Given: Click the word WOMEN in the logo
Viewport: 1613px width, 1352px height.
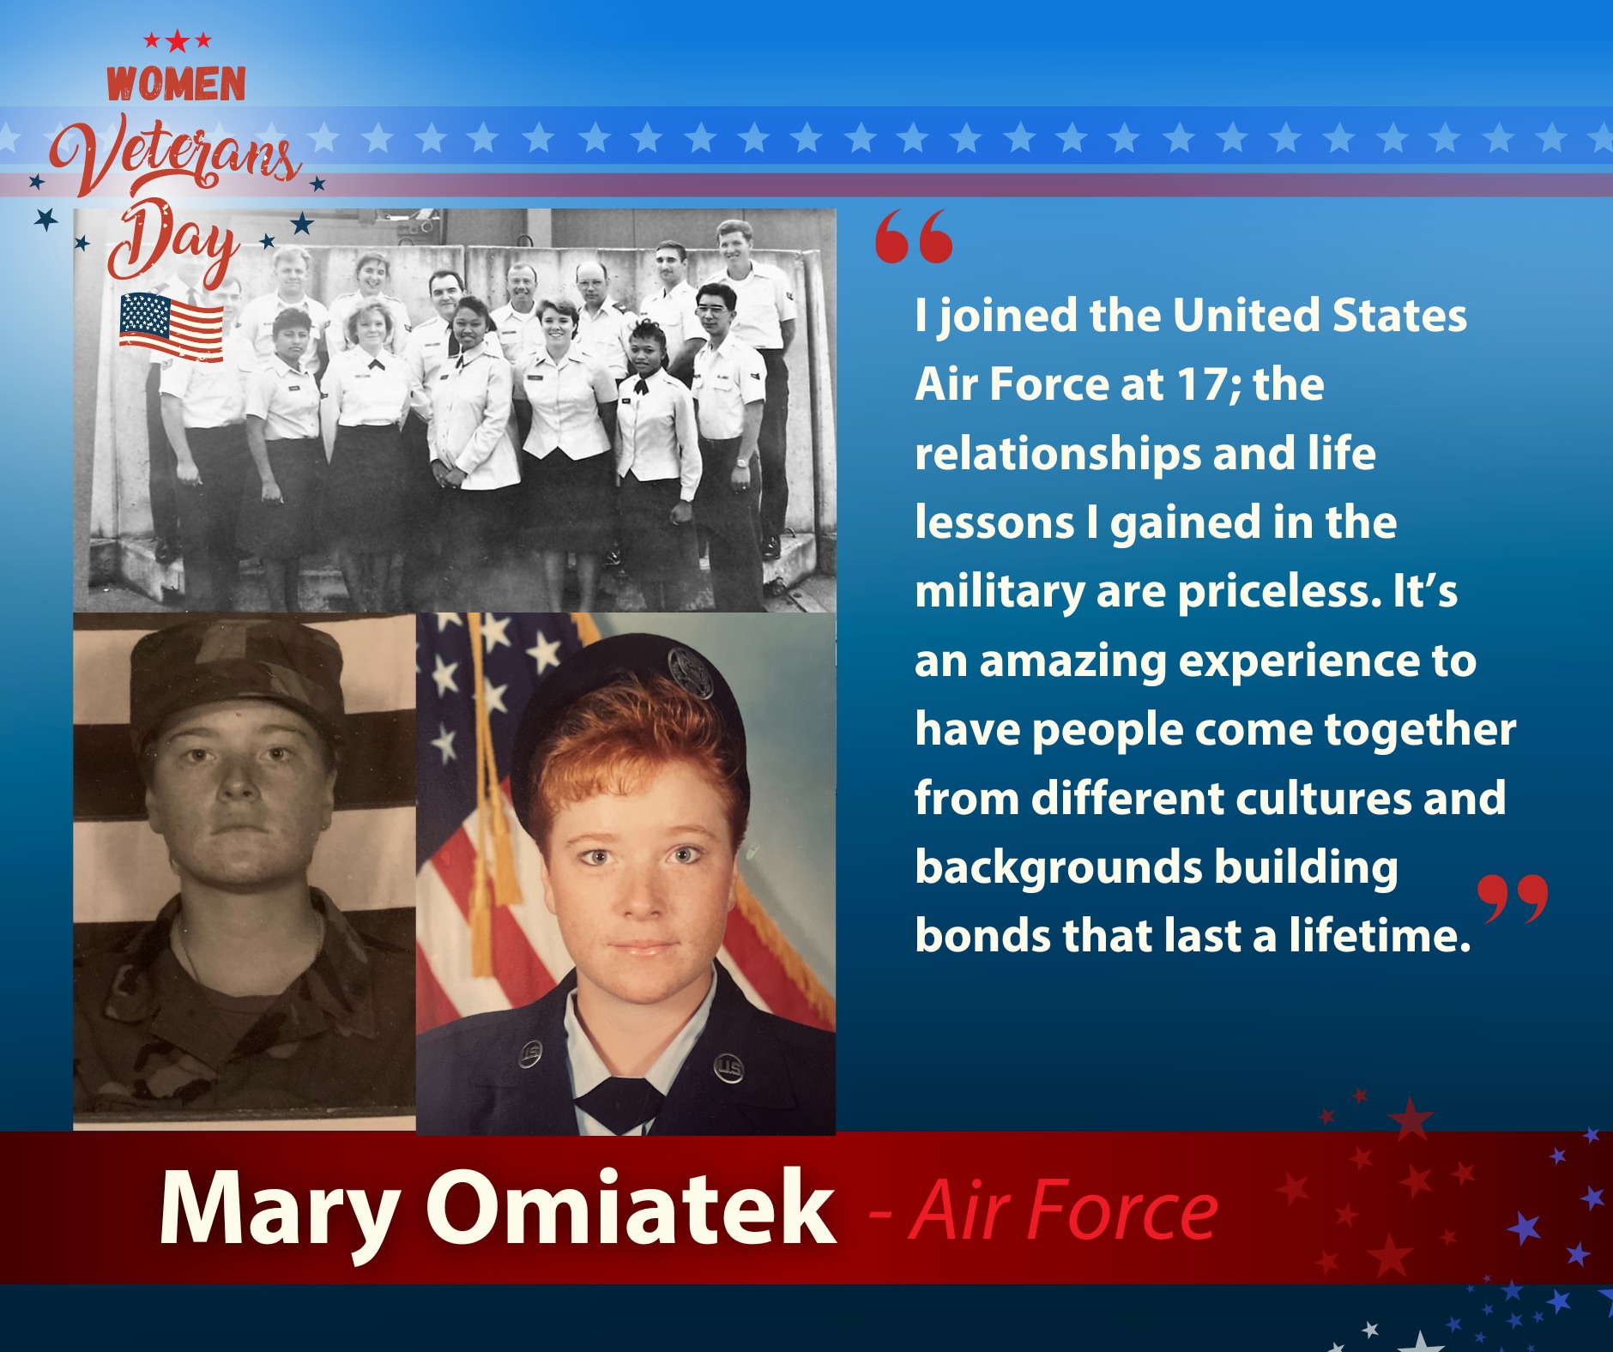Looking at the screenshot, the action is tap(176, 84).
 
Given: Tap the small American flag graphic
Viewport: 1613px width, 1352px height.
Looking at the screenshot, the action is tap(172, 327).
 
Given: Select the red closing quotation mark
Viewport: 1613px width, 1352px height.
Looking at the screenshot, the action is tap(1513, 899).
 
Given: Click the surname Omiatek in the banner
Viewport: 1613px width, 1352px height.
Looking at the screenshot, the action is tap(631, 1207).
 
